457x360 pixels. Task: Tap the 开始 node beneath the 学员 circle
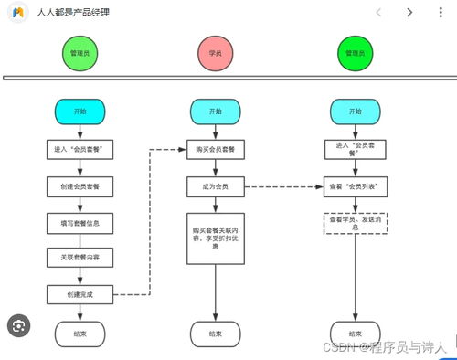[x=215, y=111]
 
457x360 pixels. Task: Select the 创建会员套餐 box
[x=80, y=186]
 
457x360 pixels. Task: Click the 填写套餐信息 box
[x=80, y=223]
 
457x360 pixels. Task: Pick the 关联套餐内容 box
[x=80, y=259]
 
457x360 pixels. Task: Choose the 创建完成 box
[x=80, y=294]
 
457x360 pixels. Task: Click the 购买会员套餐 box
[x=215, y=149]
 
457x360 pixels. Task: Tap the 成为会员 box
[x=215, y=186]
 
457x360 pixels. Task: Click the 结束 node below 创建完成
[x=80, y=334]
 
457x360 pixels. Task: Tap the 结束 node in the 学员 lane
[x=215, y=334]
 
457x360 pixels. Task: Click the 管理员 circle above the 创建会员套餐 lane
[x=80, y=55]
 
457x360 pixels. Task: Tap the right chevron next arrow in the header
[x=409, y=12]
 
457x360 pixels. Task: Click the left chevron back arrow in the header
[x=379, y=12]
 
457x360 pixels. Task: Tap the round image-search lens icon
[x=19, y=323]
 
